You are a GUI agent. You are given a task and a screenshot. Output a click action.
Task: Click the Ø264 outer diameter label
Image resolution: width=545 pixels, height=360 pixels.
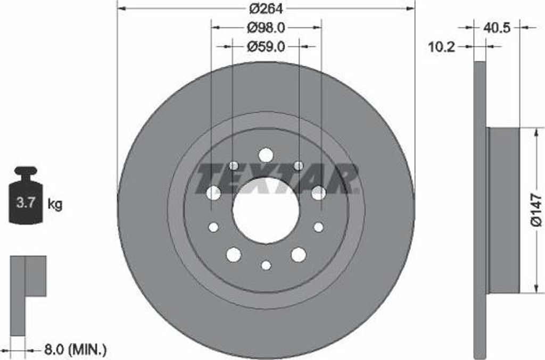[x=266, y=9]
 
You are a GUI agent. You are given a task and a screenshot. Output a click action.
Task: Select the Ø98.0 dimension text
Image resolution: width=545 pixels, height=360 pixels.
[x=266, y=27]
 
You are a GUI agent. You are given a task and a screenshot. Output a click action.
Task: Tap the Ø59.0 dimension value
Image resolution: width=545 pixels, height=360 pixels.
[x=266, y=47]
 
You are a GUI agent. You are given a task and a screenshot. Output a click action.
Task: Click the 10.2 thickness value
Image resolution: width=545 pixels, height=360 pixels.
[x=442, y=47]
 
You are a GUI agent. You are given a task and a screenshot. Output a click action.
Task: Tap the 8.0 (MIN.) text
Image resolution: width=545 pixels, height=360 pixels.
[x=75, y=349]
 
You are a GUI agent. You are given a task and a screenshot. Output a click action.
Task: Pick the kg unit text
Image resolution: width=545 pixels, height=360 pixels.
[x=55, y=204]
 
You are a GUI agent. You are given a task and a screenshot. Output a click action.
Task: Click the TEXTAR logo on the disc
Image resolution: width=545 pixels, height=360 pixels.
[x=277, y=178]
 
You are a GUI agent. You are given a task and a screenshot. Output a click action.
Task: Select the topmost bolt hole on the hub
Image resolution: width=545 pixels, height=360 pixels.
[x=266, y=155]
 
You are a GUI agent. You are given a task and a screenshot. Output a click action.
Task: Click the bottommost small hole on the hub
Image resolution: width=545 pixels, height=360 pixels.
[x=266, y=265]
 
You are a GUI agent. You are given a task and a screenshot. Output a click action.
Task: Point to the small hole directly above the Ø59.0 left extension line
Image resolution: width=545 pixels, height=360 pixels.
[x=234, y=166]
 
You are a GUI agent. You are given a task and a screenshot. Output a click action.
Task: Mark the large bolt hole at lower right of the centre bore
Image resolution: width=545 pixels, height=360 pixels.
[x=299, y=255]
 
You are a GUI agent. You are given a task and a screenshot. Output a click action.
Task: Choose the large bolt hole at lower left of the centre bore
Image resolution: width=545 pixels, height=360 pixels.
[x=234, y=255]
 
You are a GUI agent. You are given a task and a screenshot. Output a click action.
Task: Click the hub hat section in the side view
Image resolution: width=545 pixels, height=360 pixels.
[x=503, y=211]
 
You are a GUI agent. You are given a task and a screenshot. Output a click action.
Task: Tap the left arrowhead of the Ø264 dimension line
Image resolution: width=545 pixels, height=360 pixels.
[x=121, y=9]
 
